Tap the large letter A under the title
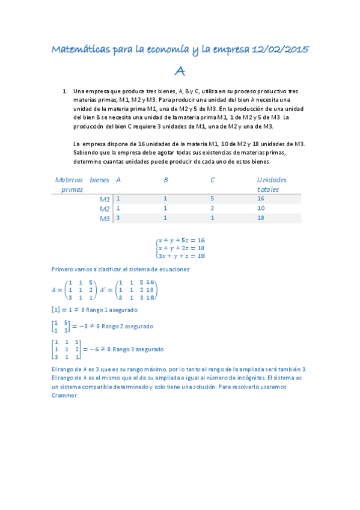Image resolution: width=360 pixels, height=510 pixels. (179, 72)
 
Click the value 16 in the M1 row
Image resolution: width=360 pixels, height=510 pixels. (260, 198)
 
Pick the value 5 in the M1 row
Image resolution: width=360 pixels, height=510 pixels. (212, 198)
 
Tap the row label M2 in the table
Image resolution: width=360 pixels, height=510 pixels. (105, 209)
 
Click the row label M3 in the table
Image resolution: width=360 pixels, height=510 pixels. (105, 219)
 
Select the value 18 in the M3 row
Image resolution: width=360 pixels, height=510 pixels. (260, 218)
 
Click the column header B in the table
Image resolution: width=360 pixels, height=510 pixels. (166, 180)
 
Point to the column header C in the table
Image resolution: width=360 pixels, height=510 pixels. (213, 180)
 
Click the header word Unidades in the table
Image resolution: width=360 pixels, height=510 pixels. (272, 180)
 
